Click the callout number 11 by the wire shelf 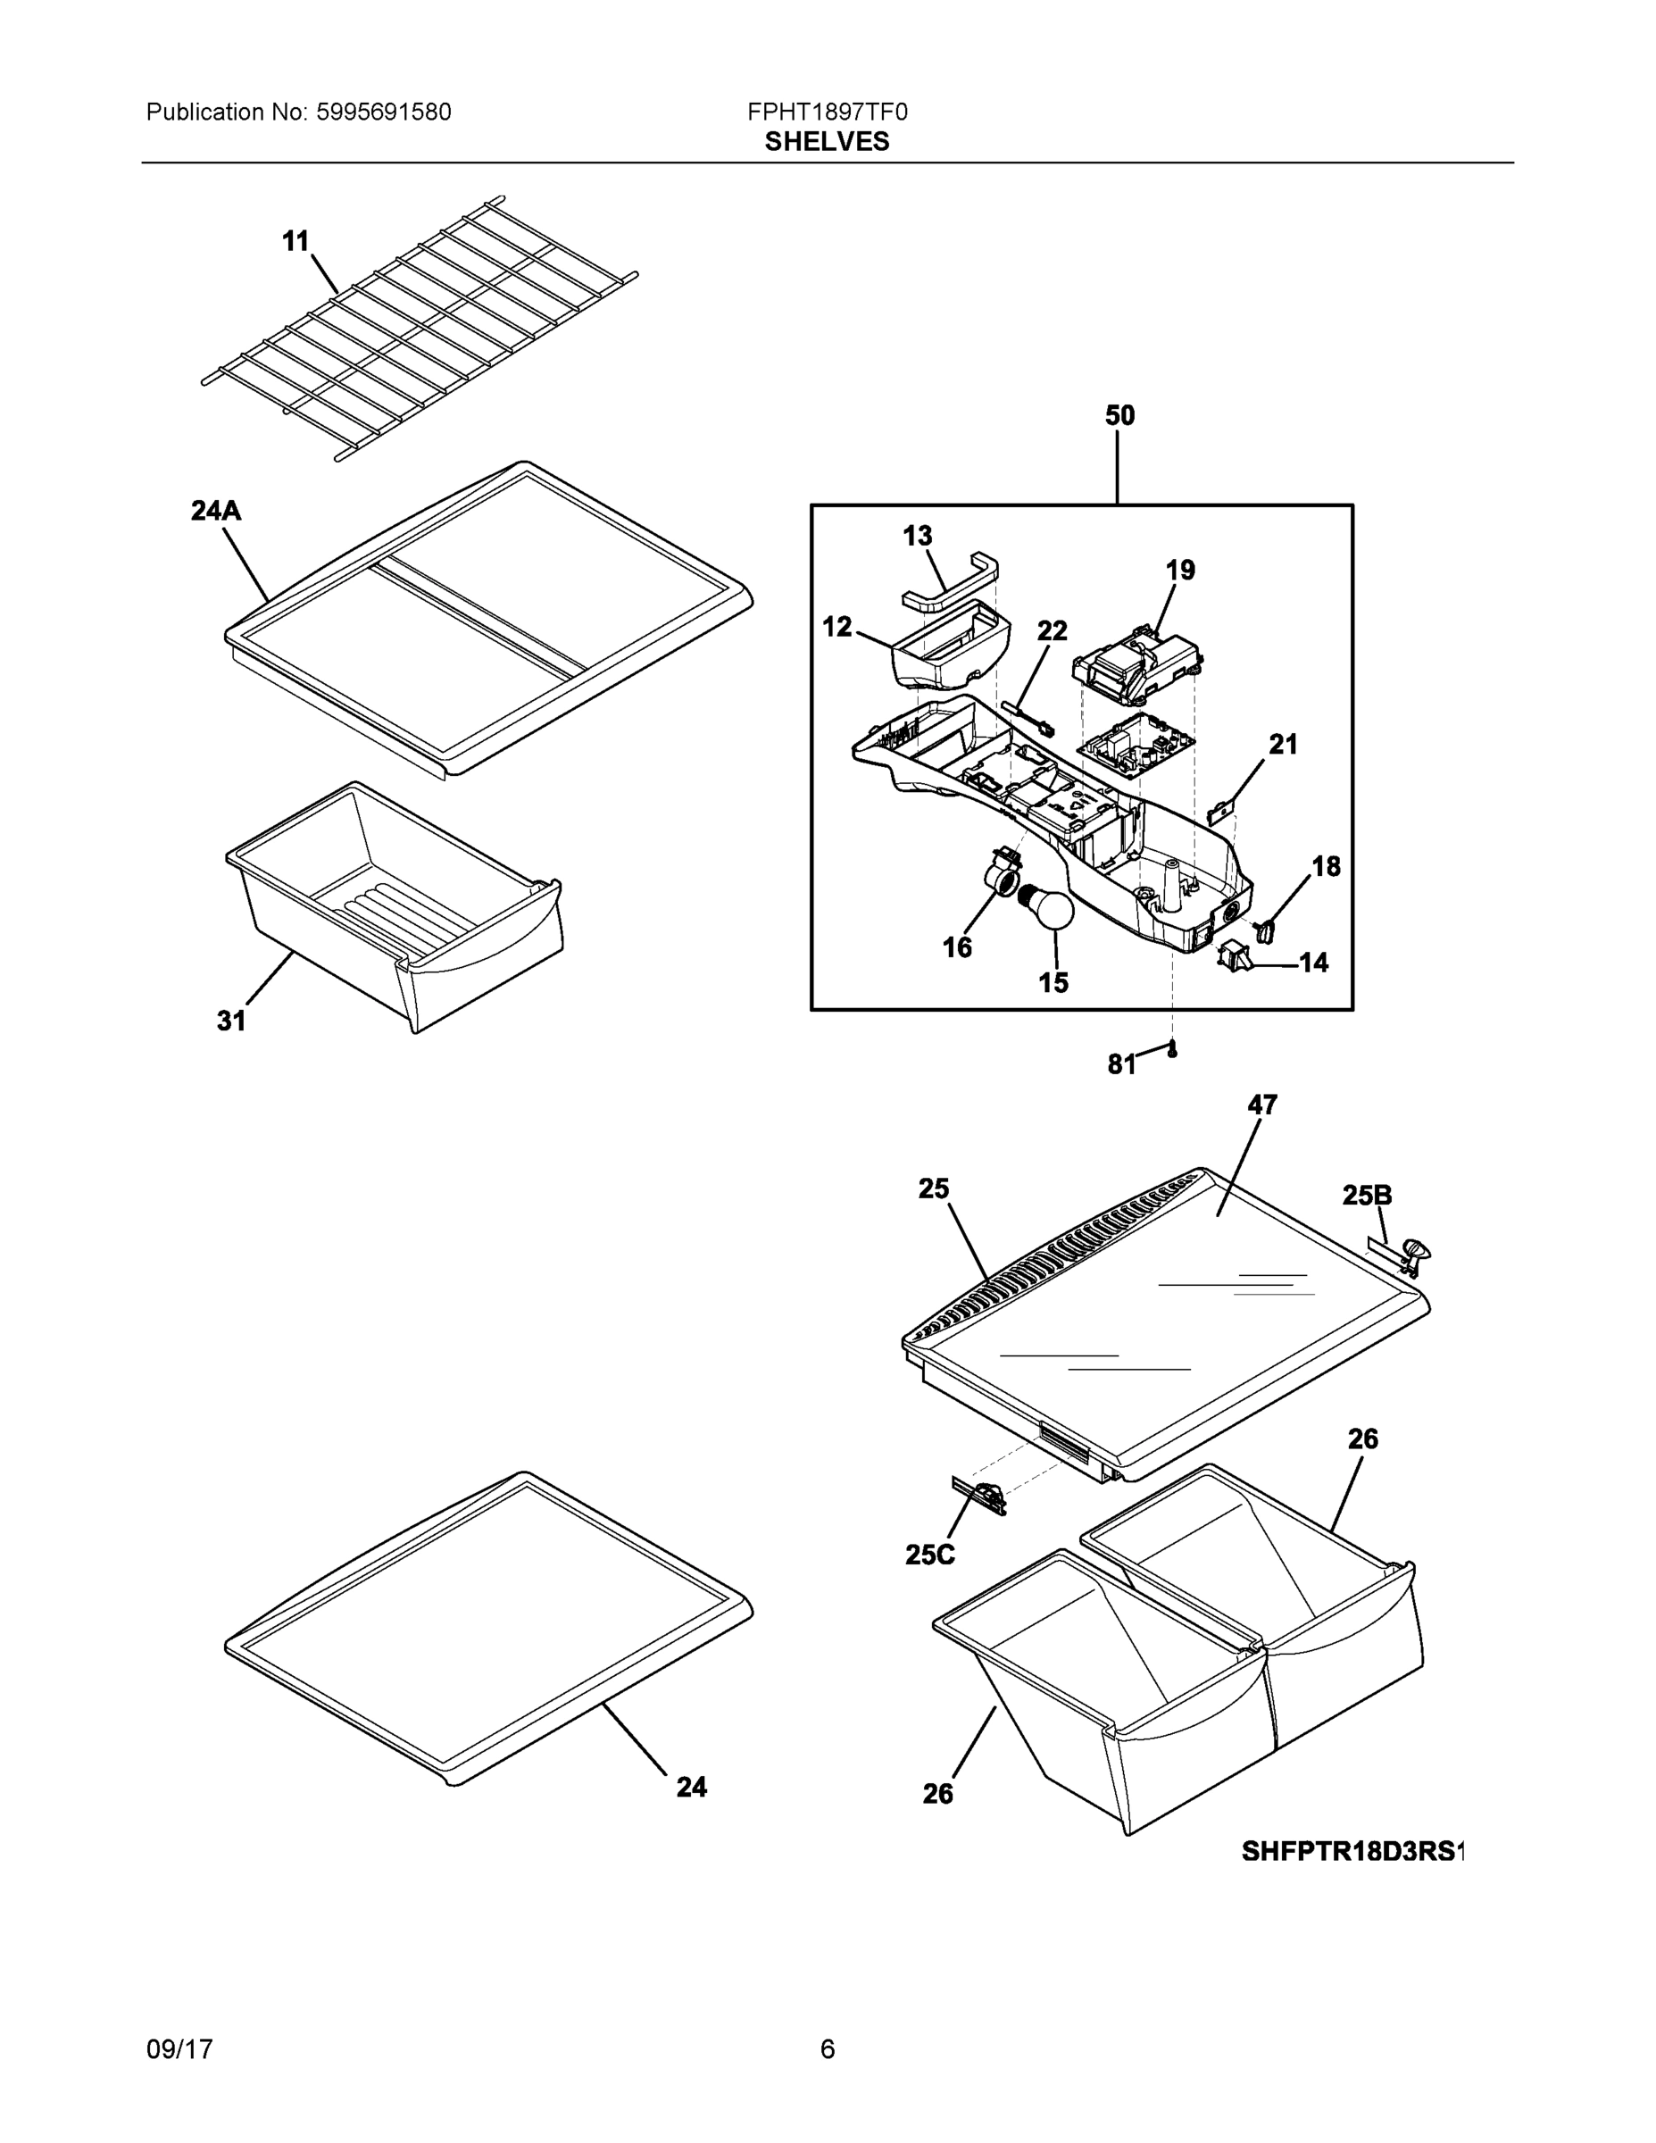(295, 241)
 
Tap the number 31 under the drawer (231, 1021)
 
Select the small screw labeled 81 (1171, 1050)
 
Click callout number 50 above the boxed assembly (1119, 416)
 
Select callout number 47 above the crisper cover (1261, 1105)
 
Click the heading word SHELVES (827, 142)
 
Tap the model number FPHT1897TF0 (827, 113)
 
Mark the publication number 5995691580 (384, 113)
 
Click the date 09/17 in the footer (179, 2049)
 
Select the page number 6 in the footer (827, 2049)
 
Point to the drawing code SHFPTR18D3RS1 (1352, 1852)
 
